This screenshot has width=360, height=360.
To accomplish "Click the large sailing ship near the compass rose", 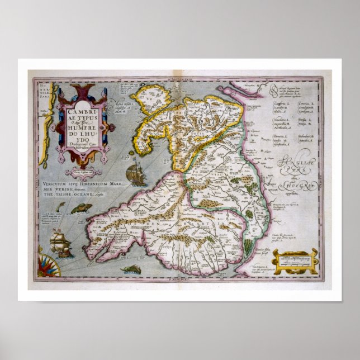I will [60, 244].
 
